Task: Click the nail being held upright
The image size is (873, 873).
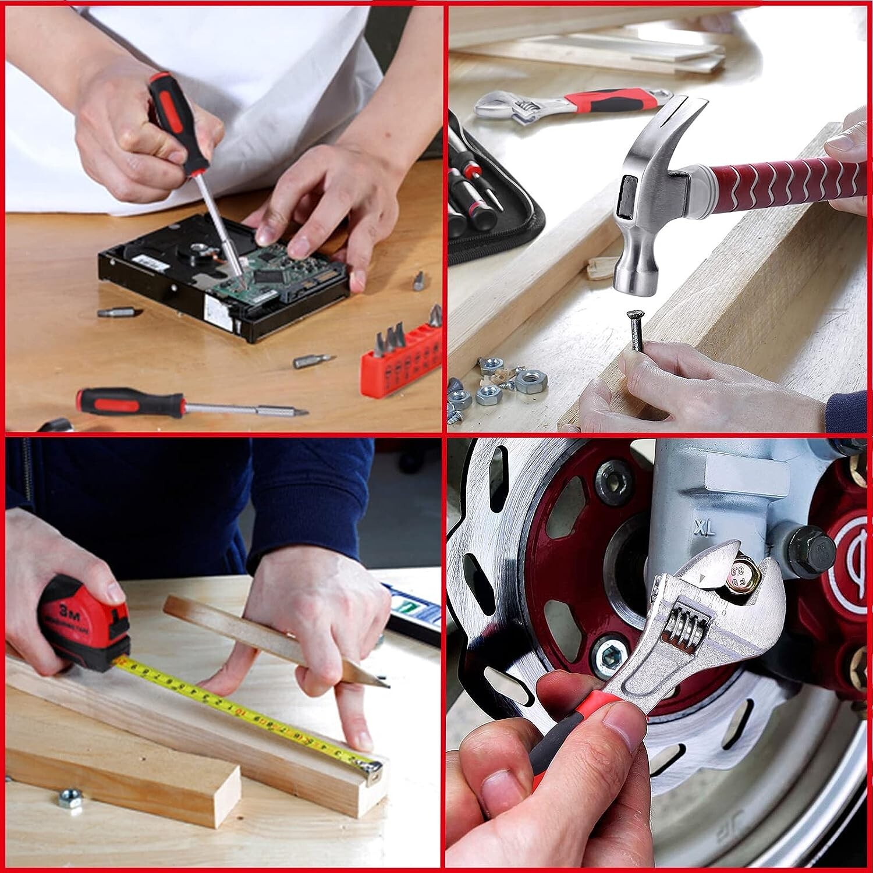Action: coord(634,330)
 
